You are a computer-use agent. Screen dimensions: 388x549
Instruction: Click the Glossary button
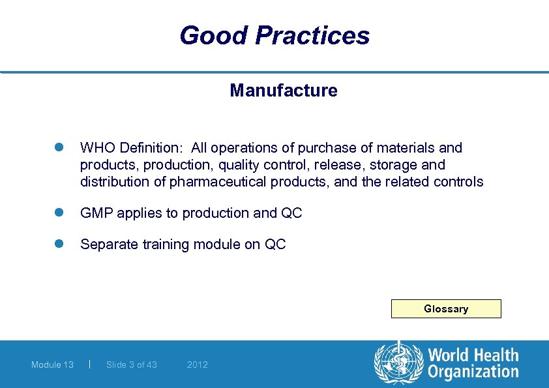(446, 308)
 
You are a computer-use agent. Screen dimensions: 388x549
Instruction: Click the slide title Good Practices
(274, 35)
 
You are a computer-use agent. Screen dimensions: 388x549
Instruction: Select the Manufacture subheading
(283, 91)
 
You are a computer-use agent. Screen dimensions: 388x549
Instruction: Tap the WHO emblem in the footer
(398, 363)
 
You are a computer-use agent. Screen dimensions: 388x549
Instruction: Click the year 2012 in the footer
(197, 365)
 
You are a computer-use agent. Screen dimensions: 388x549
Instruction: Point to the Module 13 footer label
(52, 365)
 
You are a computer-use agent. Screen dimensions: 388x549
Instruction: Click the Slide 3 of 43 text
(131, 365)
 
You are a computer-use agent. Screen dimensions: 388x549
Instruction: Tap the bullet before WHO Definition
(57, 148)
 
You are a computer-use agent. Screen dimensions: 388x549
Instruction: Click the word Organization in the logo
(473, 372)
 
